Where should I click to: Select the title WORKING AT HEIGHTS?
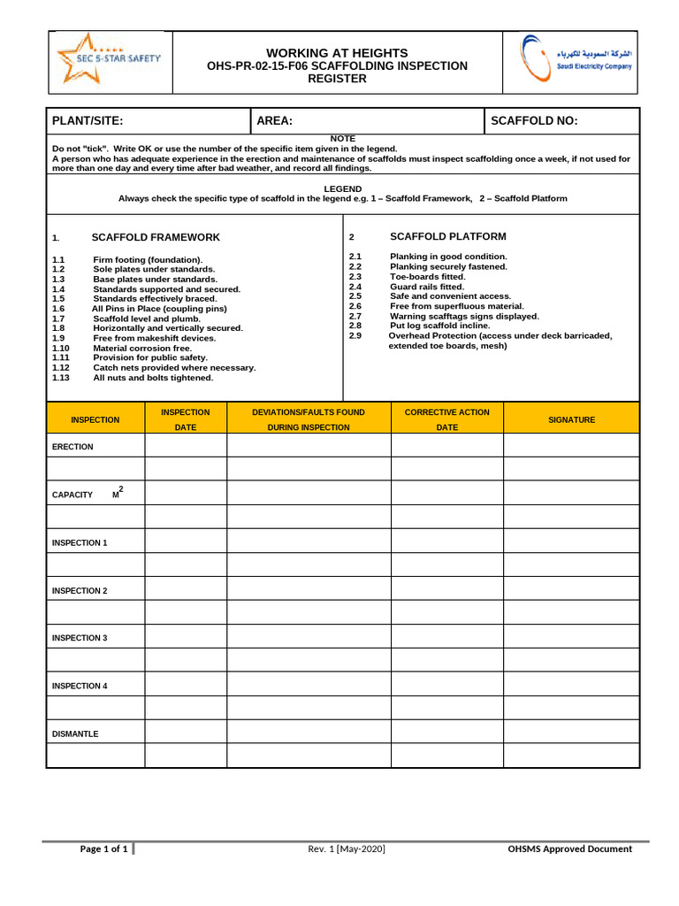[x=337, y=53]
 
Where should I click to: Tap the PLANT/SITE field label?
[x=88, y=121]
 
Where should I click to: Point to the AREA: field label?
[x=274, y=121]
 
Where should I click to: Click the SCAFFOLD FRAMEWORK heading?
[x=156, y=238]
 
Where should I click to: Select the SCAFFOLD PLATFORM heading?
[x=448, y=237]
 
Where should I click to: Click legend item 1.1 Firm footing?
[x=147, y=259]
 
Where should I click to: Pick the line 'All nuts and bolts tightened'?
[x=153, y=378]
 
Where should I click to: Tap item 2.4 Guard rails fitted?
[x=426, y=287]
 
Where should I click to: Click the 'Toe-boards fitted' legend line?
[x=427, y=277]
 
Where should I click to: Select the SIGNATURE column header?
[x=571, y=420]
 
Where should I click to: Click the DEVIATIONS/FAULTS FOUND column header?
[x=308, y=412]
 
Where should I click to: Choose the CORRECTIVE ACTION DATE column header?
[x=446, y=419]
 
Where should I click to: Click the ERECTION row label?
[x=72, y=447]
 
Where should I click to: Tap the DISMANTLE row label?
[x=75, y=733]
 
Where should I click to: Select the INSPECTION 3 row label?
[x=80, y=638]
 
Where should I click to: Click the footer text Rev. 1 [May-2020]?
[x=347, y=849]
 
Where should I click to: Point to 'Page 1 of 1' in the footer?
[x=104, y=849]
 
